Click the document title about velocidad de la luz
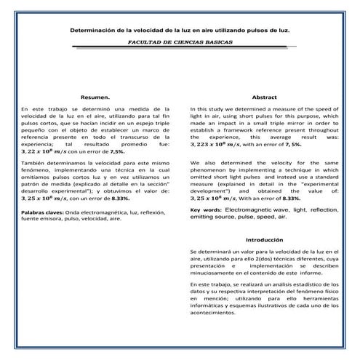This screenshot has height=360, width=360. [179, 31]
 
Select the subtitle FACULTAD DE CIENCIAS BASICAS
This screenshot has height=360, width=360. [180, 43]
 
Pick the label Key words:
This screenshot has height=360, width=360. [206, 209]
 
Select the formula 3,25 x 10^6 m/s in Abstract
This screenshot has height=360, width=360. [214, 197]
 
